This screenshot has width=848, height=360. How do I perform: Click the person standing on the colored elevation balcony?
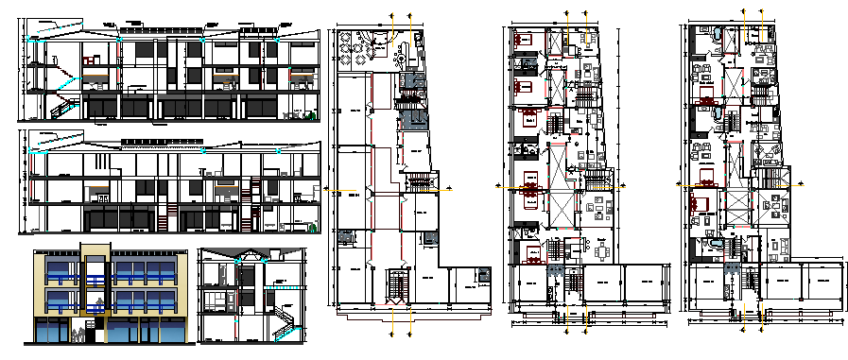[x=95, y=304]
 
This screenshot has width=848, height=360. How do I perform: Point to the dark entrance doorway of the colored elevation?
[x=95, y=332]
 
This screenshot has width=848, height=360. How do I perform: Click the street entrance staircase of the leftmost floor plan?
[x=395, y=286]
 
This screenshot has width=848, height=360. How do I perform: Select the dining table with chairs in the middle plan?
[x=601, y=252]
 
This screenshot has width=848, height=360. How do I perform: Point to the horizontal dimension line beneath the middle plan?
[x=565, y=321]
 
